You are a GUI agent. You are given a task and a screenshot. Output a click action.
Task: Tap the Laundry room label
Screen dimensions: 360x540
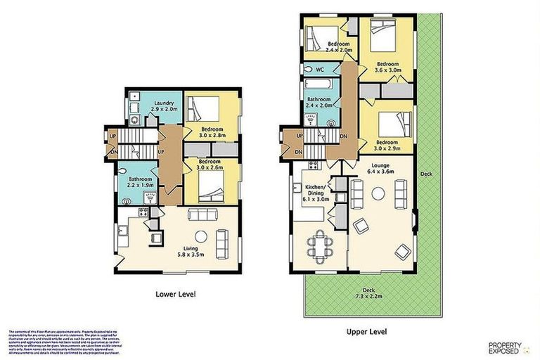(x=163, y=107)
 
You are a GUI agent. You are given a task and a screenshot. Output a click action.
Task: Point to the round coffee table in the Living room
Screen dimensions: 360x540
(x=200, y=236)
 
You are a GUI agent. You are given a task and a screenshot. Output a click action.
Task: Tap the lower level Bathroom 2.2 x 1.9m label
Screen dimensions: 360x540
(x=141, y=183)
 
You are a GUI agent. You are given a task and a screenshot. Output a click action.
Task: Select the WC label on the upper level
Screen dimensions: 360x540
(x=319, y=70)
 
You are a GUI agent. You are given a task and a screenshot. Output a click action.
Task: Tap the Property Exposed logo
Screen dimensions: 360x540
(x=505, y=347)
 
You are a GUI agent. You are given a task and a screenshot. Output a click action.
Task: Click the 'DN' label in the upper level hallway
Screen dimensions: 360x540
(x=342, y=136)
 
